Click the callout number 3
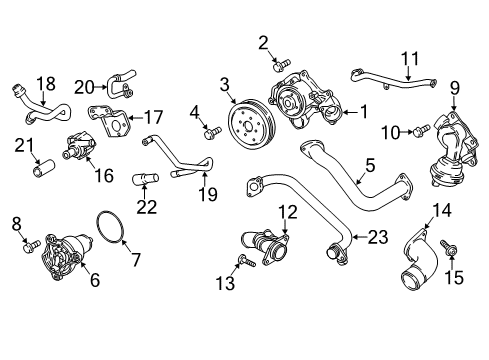click(225, 85)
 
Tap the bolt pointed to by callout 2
click(282, 65)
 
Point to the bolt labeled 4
click(212, 132)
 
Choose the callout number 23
click(378, 237)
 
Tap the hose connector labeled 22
click(146, 179)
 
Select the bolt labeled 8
click(32, 246)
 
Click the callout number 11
click(409, 59)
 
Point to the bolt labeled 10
click(422, 130)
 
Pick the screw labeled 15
click(448, 247)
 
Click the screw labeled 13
click(246, 260)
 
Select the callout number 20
click(84, 87)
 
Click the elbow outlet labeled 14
click(419, 258)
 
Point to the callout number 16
click(104, 175)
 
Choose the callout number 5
click(370, 166)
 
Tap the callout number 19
click(207, 194)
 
